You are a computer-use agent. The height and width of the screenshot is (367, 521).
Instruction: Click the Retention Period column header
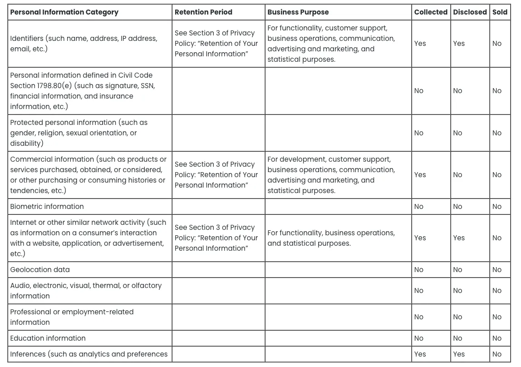[203, 12]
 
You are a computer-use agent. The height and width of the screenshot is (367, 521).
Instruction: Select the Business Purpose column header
[298, 12]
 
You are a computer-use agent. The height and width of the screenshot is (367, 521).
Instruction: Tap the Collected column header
[431, 12]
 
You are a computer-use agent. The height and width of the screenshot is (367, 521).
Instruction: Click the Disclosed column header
[470, 12]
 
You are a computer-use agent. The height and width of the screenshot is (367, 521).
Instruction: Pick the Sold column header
[500, 12]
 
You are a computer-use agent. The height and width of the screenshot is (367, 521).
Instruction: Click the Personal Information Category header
[64, 12]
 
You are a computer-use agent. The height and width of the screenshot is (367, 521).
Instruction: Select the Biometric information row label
[47, 207]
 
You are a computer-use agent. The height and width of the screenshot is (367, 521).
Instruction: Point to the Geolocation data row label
[40, 270]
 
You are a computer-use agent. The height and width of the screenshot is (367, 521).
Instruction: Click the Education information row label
[48, 338]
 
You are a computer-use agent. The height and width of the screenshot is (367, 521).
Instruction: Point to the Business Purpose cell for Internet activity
[331, 238]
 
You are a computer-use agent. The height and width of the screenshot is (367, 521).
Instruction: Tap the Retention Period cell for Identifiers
[216, 44]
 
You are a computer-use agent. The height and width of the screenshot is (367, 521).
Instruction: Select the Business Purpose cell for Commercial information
[331, 175]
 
